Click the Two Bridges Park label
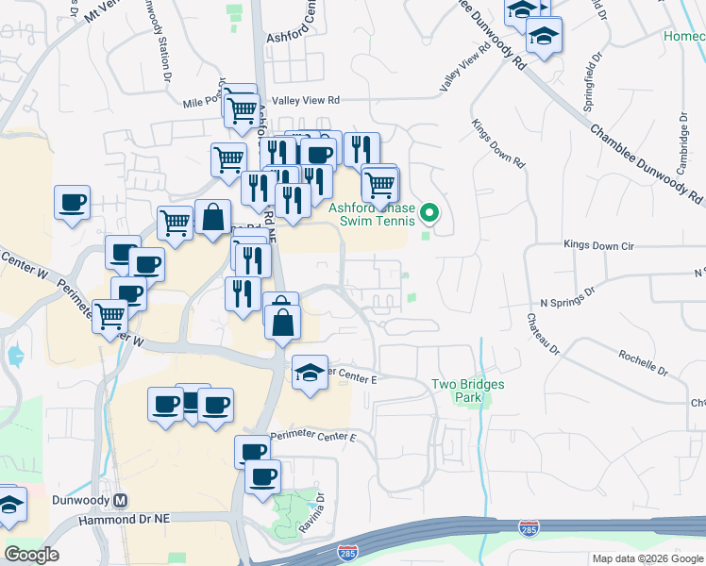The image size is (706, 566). click(468, 391)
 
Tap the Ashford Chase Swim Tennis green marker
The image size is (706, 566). click(430, 213)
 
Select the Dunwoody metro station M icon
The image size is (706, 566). click(120, 500)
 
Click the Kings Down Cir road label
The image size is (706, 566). click(600, 244)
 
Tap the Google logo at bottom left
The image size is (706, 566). click(31, 555)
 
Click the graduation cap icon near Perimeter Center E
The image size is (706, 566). click(310, 373)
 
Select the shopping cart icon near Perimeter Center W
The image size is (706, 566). click(110, 315)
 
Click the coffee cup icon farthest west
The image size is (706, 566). click(72, 201)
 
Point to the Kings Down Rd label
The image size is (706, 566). click(497, 143)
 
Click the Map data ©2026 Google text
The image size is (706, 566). click(647, 558)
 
